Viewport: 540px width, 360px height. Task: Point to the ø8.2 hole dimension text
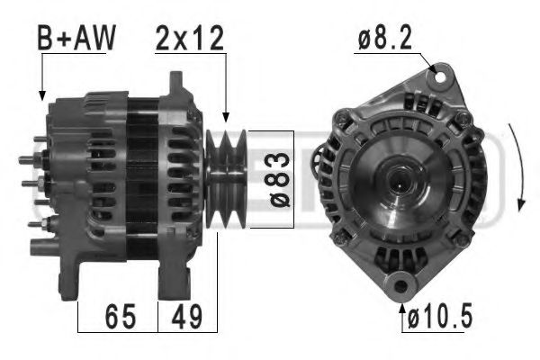click(x=386, y=39)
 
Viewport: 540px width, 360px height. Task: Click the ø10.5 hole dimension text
click(x=437, y=317)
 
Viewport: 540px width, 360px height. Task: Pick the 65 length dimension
click(x=119, y=317)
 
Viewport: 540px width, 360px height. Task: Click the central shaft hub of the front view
click(x=398, y=179)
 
